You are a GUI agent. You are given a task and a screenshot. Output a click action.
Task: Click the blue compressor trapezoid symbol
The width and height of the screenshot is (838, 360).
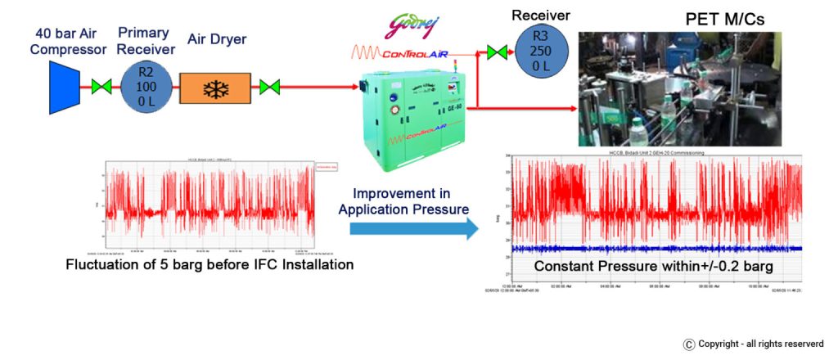[64, 86]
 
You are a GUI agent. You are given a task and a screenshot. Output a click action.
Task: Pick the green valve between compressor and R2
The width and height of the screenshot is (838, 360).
[102, 86]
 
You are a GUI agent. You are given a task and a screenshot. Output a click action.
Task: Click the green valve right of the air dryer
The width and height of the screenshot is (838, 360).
[269, 86]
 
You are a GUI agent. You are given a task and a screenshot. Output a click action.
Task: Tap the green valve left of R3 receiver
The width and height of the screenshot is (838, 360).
[496, 52]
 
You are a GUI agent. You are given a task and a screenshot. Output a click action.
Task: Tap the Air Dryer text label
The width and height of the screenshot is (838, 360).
[217, 38]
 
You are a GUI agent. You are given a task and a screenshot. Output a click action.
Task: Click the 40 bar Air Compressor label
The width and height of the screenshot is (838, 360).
[70, 41]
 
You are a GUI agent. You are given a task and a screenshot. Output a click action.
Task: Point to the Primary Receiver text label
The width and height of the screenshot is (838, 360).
[144, 41]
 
